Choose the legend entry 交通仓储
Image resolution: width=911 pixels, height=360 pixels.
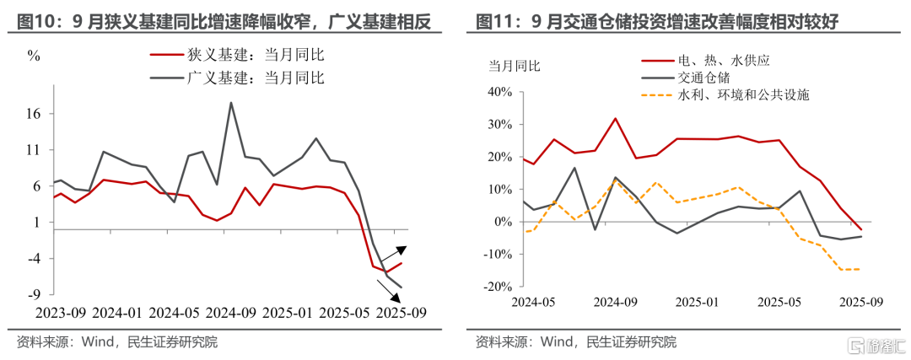[709, 78]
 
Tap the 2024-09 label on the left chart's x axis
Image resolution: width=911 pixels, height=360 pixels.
[226, 312]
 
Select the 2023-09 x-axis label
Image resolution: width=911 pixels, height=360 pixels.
[57, 312]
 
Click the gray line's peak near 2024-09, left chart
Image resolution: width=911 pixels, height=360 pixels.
[231, 103]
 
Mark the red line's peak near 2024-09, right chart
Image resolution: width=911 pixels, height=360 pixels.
[615, 118]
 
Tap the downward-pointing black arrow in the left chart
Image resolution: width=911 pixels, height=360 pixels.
[391, 290]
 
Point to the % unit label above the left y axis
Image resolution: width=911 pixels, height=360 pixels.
[34, 56]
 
